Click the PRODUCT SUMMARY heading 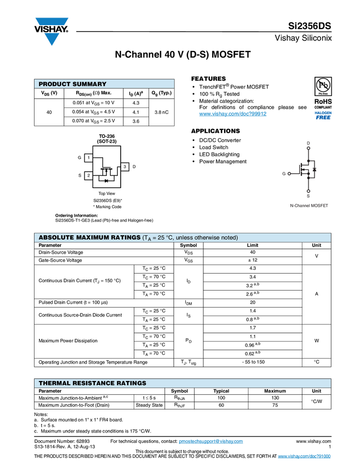72,84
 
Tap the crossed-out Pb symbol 323,86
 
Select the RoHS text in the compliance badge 323,101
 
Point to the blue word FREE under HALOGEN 323,117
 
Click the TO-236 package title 107,136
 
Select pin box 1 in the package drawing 88,158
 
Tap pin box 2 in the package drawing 88,175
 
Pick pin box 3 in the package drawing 125,166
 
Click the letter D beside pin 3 134,166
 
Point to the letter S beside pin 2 79,175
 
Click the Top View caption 107,194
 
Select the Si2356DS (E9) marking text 107,201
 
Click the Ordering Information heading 76,215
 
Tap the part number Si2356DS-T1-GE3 72,220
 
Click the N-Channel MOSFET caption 309,206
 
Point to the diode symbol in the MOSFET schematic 315,169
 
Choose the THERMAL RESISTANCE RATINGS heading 92,383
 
